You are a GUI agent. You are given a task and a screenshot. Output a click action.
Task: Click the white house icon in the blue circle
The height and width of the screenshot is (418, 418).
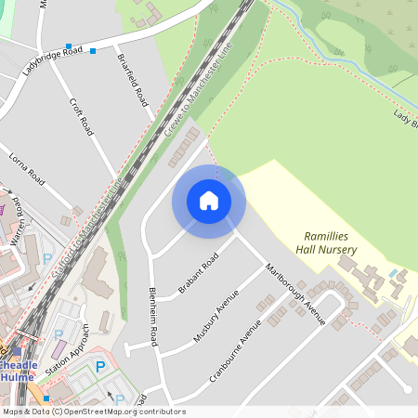[x=209, y=201]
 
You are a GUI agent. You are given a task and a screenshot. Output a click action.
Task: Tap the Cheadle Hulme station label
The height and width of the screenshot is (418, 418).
[x=17, y=371]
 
